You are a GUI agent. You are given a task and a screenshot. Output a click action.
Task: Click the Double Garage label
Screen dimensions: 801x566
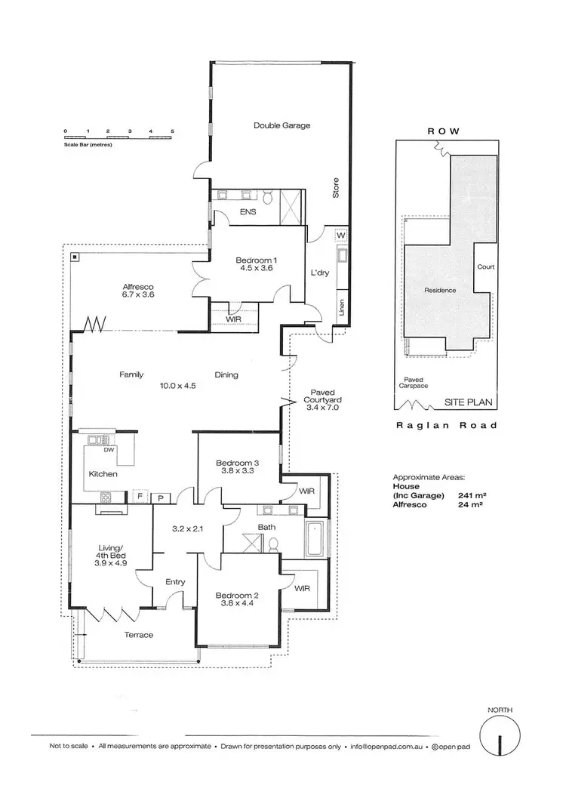click(x=281, y=125)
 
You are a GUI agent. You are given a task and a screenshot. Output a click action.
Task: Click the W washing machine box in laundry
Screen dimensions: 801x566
click(x=341, y=235)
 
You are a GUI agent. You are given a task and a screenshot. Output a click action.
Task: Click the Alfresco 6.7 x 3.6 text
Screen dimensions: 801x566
click(x=138, y=291)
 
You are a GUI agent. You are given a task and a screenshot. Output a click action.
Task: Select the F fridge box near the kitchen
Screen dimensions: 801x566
click(x=140, y=496)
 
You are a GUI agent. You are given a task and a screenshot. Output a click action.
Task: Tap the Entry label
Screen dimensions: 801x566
click(x=175, y=581)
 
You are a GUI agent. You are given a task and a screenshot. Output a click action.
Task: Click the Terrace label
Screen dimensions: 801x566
click(x=138, y=634)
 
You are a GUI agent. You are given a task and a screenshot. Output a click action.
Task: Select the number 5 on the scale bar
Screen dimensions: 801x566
click(x=173, y=131)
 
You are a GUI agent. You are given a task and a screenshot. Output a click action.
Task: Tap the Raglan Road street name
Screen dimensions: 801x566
click(x=448, y=426)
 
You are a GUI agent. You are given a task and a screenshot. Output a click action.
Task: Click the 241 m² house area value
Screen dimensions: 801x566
click(x=472, y=496)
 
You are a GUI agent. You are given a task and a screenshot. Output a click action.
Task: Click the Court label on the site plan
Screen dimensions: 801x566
click(x=485, y=266)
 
